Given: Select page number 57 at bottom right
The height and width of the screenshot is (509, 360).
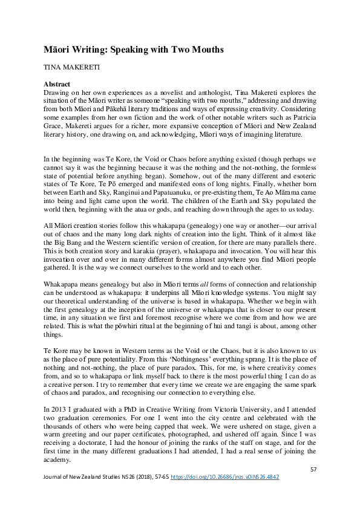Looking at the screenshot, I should point(313,469).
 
